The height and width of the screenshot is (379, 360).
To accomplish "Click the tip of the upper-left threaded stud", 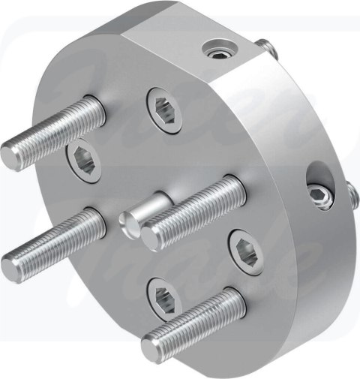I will point(13,155).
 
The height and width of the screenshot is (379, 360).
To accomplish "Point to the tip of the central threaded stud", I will point(152,238).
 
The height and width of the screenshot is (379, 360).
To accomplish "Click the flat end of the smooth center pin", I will point(130,223).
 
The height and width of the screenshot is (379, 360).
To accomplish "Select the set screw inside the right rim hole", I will point(321,199).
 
